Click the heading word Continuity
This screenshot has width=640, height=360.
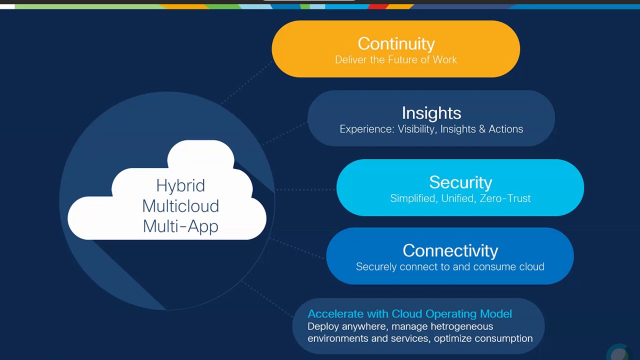[396, 43]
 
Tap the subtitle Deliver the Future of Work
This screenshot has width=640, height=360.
[396, 59]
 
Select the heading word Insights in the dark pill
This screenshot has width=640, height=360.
[431, 113]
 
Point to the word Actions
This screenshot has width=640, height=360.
[505, 129]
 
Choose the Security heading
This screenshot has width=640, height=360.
[460, 182]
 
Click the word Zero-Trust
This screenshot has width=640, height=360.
[505, 198]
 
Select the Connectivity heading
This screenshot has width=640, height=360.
[450, 250]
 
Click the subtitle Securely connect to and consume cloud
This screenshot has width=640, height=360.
[450, 266]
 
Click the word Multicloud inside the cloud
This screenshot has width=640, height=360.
[180, 206]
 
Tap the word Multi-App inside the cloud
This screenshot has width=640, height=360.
[180, 226]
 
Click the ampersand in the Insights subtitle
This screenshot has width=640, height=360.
[482, 129]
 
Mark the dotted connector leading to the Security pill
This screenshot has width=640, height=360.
[305, 189]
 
